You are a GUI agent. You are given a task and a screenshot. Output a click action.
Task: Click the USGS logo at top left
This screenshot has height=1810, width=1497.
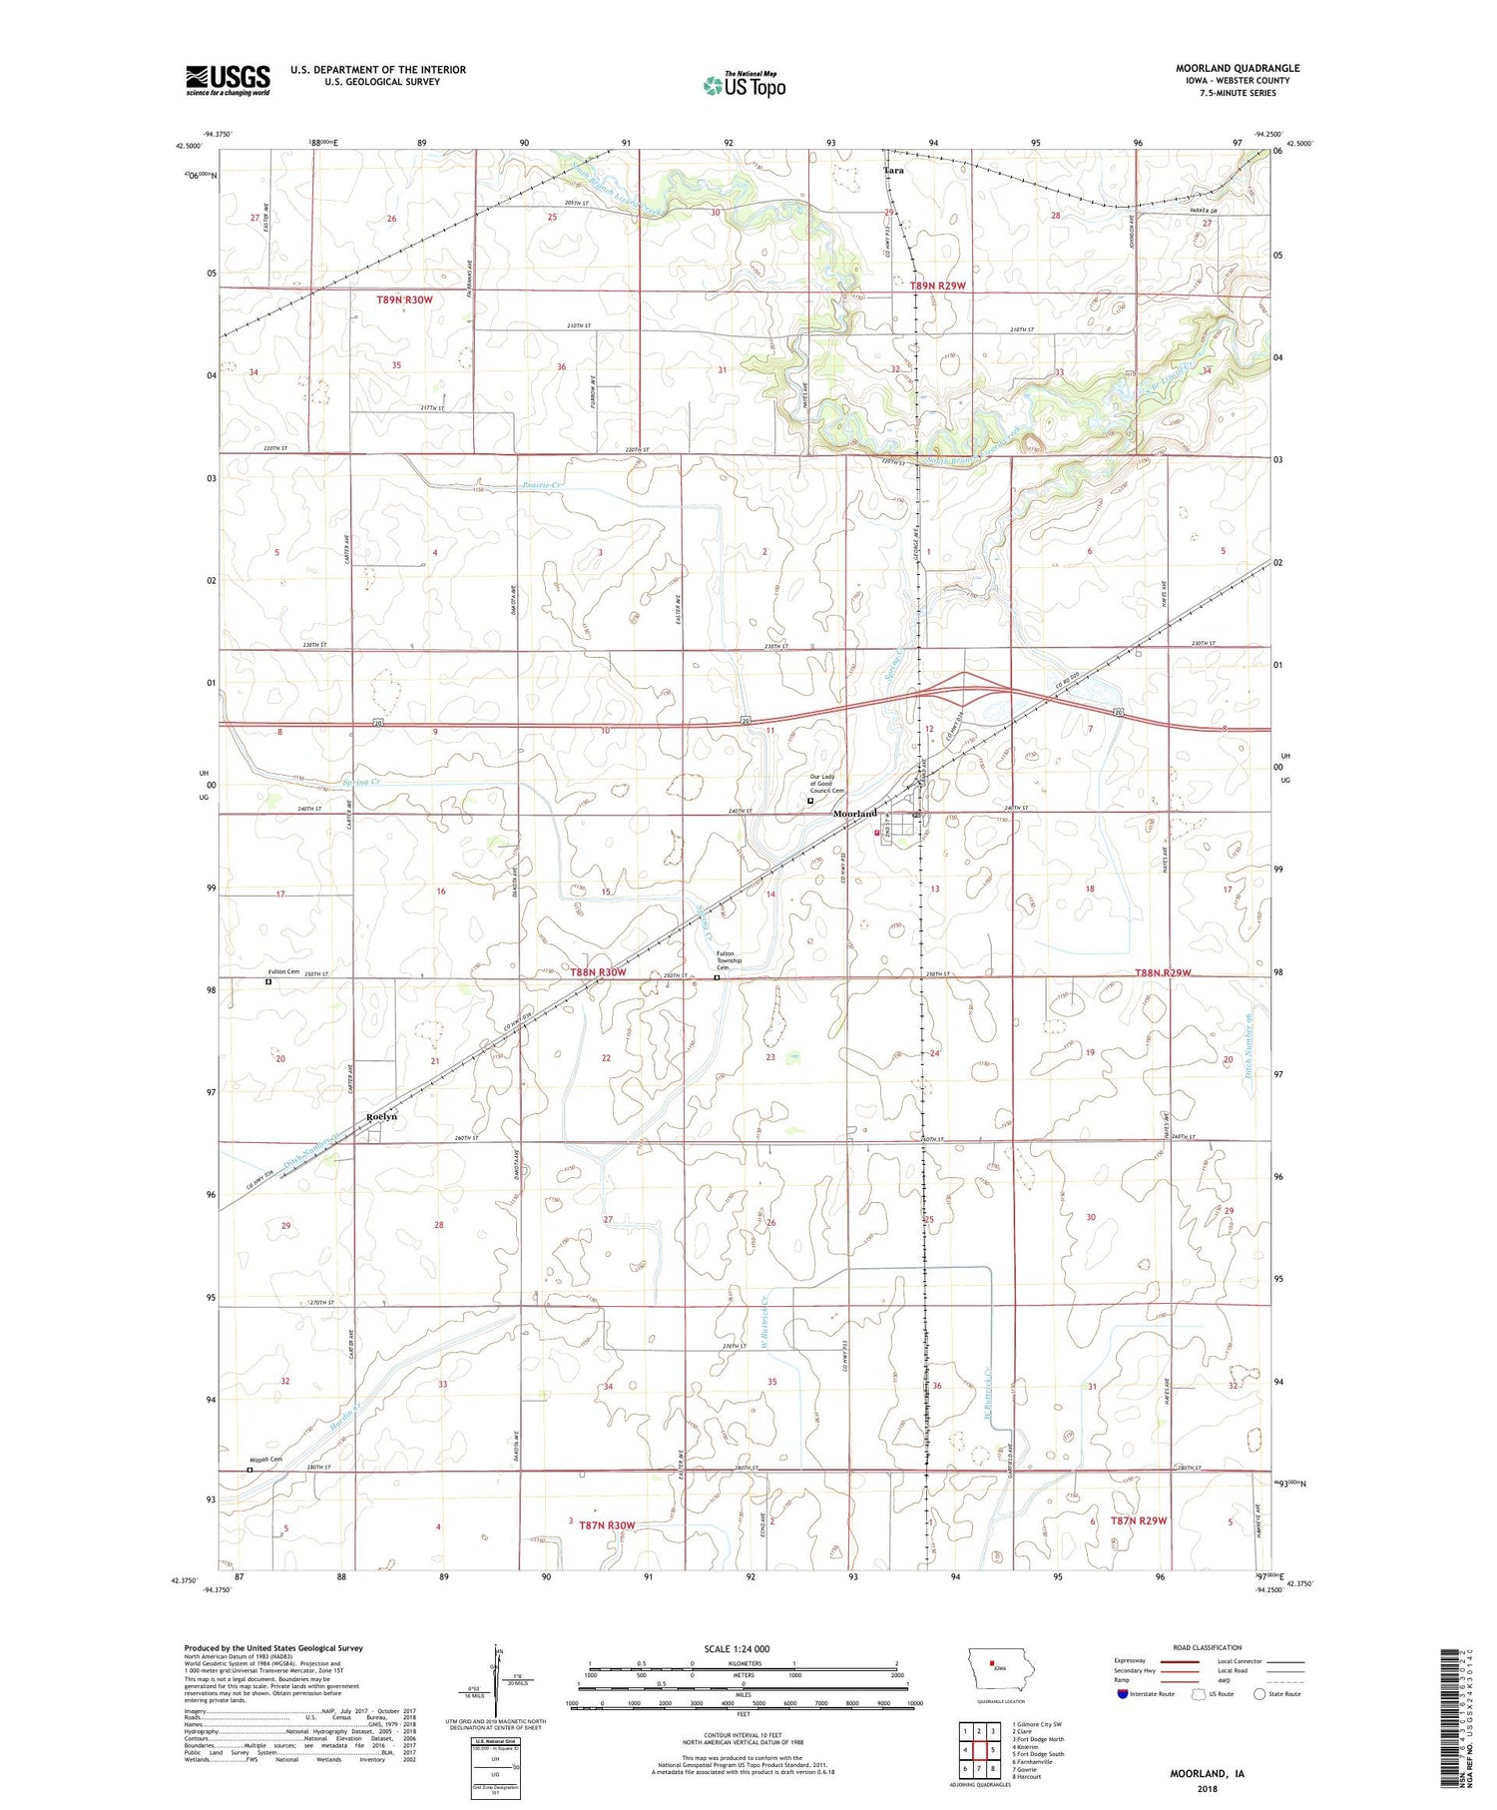coord(228,80)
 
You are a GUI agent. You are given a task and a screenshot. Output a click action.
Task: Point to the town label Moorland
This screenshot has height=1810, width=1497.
coord(855,814)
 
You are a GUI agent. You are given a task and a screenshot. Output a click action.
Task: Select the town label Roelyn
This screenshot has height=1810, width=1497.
coord(381,1116)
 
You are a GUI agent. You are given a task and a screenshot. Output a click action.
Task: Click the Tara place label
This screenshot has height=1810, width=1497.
coord(894,171)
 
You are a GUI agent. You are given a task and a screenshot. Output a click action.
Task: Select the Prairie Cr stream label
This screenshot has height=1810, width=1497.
coord(543,486)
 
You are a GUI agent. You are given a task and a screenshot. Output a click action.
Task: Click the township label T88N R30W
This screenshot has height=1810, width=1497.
coord(598,971)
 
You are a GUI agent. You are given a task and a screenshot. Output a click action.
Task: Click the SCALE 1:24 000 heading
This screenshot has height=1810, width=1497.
coord(742,1648)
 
